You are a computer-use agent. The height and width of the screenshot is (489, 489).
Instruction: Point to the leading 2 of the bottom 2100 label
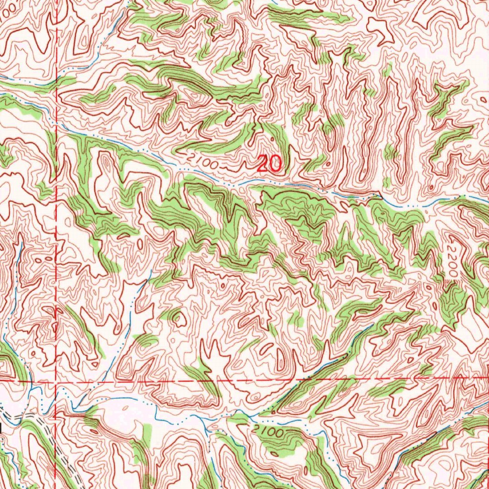258,428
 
